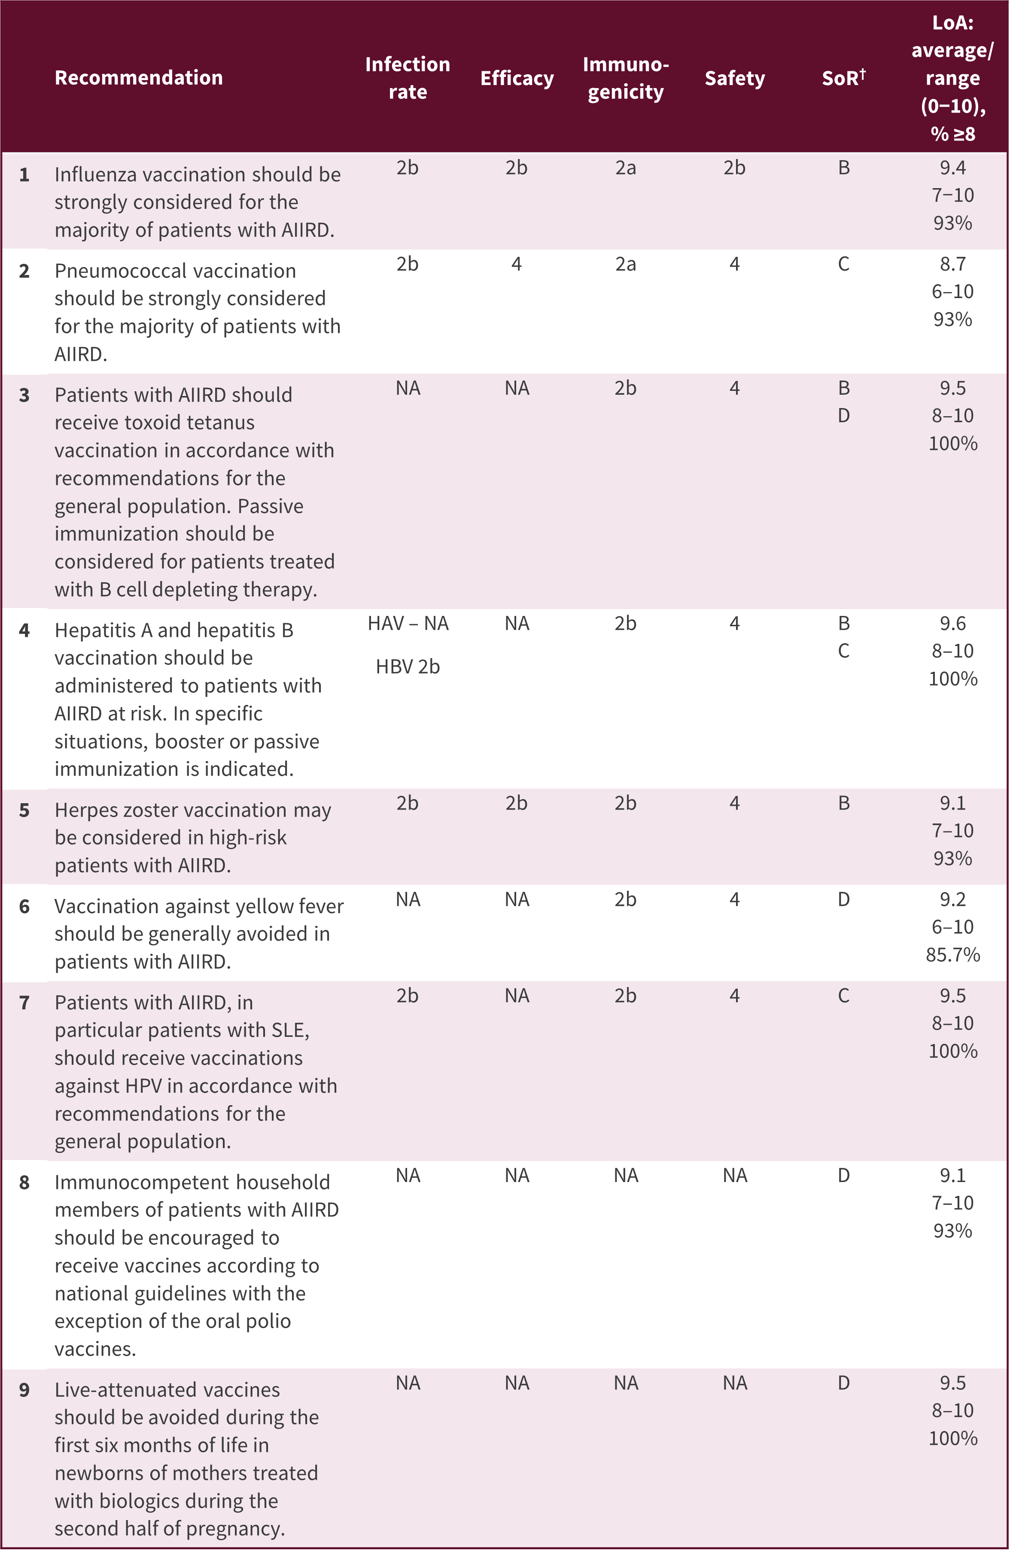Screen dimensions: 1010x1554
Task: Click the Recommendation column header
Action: point(138,78)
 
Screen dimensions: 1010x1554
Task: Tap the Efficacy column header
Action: point(517,78)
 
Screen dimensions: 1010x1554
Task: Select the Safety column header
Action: point(734,78)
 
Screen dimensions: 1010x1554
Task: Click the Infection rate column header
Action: point(408,78)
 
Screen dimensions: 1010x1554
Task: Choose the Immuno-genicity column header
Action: point(626,78)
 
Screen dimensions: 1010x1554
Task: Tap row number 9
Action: point(24,1389)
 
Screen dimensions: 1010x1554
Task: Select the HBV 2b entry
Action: point(408,667)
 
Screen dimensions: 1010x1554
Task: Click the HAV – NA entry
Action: point(408,624)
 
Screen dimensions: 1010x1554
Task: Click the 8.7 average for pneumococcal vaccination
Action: point(952,264)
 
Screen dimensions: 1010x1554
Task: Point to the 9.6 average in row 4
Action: point(952,624)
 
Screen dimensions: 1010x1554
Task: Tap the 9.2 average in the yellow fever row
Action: point(952,900)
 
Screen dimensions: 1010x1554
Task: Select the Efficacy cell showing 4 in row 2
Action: point(517,264)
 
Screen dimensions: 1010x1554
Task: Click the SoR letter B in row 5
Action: point(843,803)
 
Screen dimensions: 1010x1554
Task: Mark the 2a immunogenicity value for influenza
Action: point(626,168)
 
